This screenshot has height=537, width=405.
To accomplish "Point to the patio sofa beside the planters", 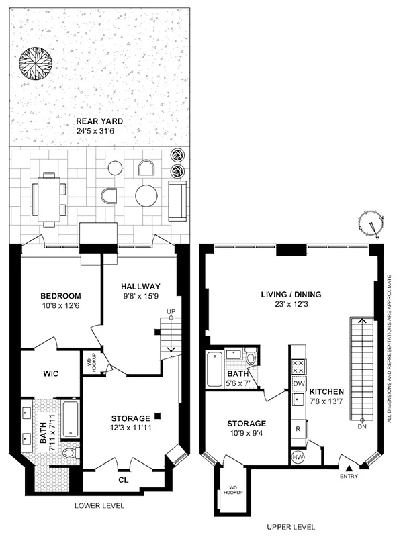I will [177, 200].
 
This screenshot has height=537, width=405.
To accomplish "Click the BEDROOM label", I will [60, 296].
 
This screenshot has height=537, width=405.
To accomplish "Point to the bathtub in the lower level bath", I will [70, 420].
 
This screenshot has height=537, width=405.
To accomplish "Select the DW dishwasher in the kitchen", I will [298, 383].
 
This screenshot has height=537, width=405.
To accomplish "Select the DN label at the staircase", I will [362, 427].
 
